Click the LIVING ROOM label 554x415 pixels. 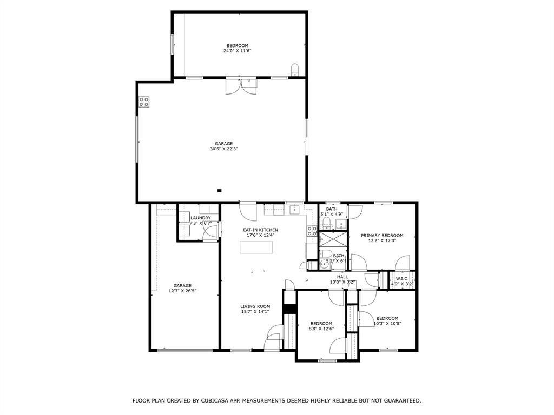pyautogui.click(x=255, y=306)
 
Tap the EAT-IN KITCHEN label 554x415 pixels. pyautogui.click(x=260, y=230)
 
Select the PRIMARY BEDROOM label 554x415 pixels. pyautogui.click(x=382, y=236)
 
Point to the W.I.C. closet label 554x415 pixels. pyautogui.click(x=402, y=279)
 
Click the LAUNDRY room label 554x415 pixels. pyautogui.click(x=201, y=218)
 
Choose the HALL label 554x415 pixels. pyautogui.click(x=342, y=277)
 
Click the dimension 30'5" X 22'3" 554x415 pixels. pyautogui.click(x=223, y=149)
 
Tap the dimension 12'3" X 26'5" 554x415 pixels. pyautogui.click(x=182, y=291)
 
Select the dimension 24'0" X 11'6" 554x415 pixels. pyautogui.click(x=238, y=51)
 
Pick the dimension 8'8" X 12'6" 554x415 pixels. pyautogui.click(x=321, y=329)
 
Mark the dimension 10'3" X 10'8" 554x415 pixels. pyautogui.click(x=387, y=323)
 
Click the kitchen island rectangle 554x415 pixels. pyautogui.click(x=257, y=247)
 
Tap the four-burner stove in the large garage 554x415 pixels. pyautogui.click(x=144, y=102)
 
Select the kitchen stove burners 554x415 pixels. pyautogui.click(x=312, y=231)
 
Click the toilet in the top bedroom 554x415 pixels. pyautogui.click(x=295, y=69)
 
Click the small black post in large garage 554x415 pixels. pyautogui.click(x=219, y=190)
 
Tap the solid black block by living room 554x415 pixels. pyautogui.click(x=290, y=309)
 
